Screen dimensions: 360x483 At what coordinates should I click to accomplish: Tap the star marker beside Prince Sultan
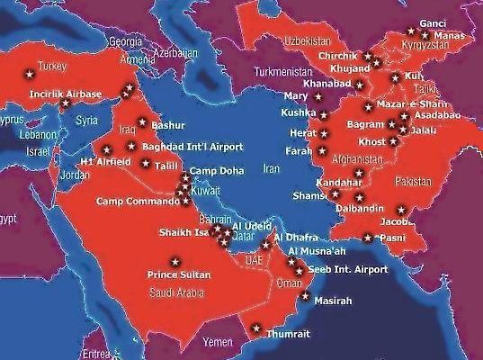[174, 261]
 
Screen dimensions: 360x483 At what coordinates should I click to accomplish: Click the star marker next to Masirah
[306, 294]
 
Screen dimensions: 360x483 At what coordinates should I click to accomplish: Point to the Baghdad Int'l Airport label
[186, 145]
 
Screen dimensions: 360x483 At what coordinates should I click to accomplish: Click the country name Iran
[270, 168]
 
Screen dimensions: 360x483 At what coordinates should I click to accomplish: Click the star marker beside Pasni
[368, 238]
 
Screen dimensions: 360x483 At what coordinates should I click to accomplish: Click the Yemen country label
[219, 343]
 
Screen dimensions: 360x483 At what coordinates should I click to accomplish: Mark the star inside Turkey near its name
[28, 69]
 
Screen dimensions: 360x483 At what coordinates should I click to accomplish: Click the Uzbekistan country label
[309, 42]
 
